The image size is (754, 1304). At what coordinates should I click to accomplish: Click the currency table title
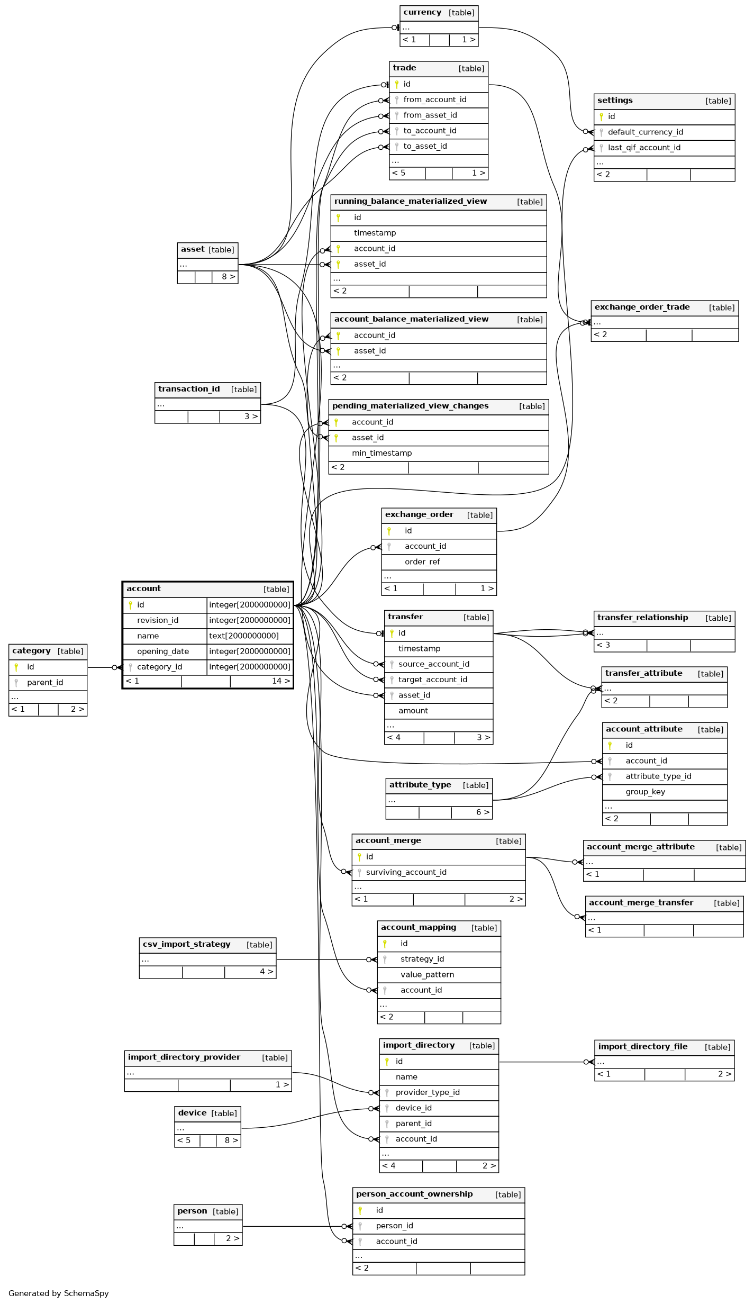tap(422, 12)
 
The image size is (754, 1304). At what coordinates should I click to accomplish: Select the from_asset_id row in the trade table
tap(439, 115)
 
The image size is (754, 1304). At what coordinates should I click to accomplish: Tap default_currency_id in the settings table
tap(646, 132)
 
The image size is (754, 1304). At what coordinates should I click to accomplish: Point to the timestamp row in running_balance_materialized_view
tap(439, 233)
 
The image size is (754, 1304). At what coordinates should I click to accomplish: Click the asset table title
tap(193, 249)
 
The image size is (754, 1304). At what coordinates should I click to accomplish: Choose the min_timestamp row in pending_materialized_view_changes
tap(439, 454)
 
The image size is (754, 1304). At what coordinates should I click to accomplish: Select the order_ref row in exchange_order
tap(439, 563)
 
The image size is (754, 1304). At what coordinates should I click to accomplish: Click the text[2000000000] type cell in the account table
tap(250, 636)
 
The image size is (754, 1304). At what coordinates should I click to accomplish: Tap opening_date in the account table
tap(163, 651)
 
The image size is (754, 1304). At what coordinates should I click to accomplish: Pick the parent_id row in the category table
tap(48, 683)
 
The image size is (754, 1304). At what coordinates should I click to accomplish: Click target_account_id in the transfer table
tap(433, 680)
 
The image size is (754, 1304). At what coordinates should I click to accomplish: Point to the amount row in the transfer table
tap(439, 711)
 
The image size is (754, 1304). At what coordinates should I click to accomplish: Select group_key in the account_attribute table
tap(646, 792)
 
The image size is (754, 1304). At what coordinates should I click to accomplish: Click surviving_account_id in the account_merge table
tap(406, 873)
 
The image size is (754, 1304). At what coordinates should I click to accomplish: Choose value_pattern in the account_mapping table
tap(428, 975)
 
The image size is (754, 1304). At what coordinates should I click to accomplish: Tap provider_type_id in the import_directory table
tap(428, 1093)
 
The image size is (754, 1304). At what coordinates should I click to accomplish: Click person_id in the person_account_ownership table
tap(395, 1226)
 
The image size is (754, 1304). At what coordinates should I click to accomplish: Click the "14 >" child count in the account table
tap(281, 681)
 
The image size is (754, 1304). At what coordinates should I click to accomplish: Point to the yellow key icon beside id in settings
tap(601, 117)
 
